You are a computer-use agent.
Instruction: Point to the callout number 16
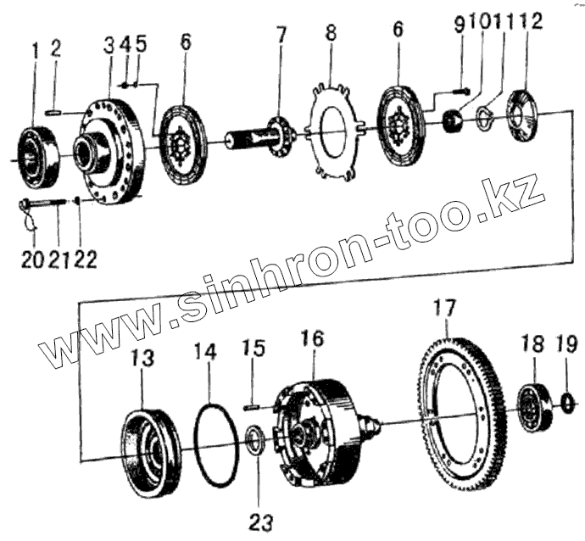(x=312, y=341)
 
